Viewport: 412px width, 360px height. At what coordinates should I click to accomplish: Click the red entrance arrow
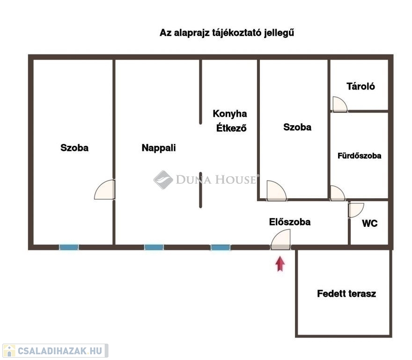tap(280, 264)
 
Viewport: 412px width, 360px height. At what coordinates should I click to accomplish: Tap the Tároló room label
tap(360, 86)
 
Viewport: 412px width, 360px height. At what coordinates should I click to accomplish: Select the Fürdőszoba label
tap(359, 156)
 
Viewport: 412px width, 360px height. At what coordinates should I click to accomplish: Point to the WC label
tap(370, 224)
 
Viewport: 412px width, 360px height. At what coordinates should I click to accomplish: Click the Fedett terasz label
tap(346, 293)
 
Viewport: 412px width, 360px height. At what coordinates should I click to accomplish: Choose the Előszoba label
tap(290, 222)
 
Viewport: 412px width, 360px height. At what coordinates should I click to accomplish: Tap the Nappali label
tap(159, 148)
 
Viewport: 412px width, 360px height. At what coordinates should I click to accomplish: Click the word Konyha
tap(230, 114)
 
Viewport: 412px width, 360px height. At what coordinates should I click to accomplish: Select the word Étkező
tap(231, 128)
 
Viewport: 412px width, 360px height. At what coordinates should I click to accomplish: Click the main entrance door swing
tap(280, 239)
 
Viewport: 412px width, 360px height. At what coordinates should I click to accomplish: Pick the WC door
tap(356, 210)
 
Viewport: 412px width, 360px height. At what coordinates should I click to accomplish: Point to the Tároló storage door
tap(340, 104)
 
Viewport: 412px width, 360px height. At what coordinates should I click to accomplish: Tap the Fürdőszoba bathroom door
tap(338, 193)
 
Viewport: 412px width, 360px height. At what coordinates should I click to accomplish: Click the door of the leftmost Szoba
tap(104, 189)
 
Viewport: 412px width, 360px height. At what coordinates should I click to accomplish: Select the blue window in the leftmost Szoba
tap(69, 247)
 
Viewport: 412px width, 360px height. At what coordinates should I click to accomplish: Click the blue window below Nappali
tap(154, 247)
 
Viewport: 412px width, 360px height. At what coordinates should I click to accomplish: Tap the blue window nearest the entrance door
tap(221, 247)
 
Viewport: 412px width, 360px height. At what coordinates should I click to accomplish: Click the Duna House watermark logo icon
tap(163, 180)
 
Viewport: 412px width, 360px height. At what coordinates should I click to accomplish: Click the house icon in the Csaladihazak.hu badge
tap(9, 351)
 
